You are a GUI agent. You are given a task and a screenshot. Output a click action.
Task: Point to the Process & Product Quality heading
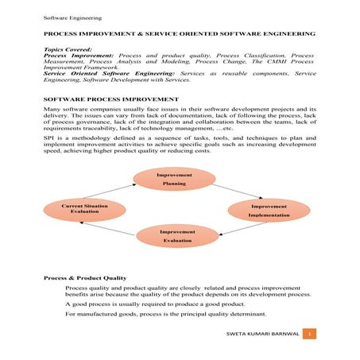[83, 277]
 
